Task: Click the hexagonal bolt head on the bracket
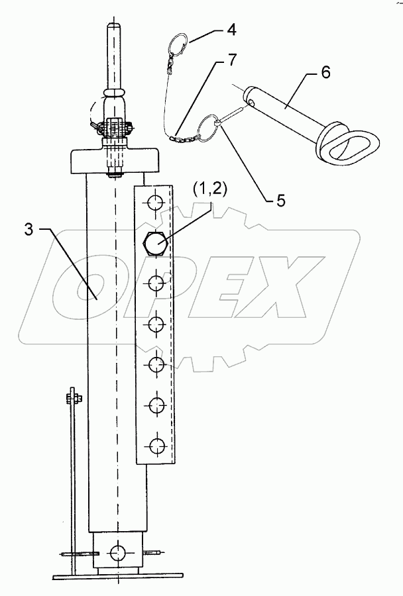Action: pyautogui.click(x=155, y=244)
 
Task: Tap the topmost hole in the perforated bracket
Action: pyautogui.click(x=155, y=202)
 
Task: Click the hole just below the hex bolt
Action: pyautogui.click(x=155, y=284)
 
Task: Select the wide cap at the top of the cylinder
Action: pyautogui.click(x=117, y=162)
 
